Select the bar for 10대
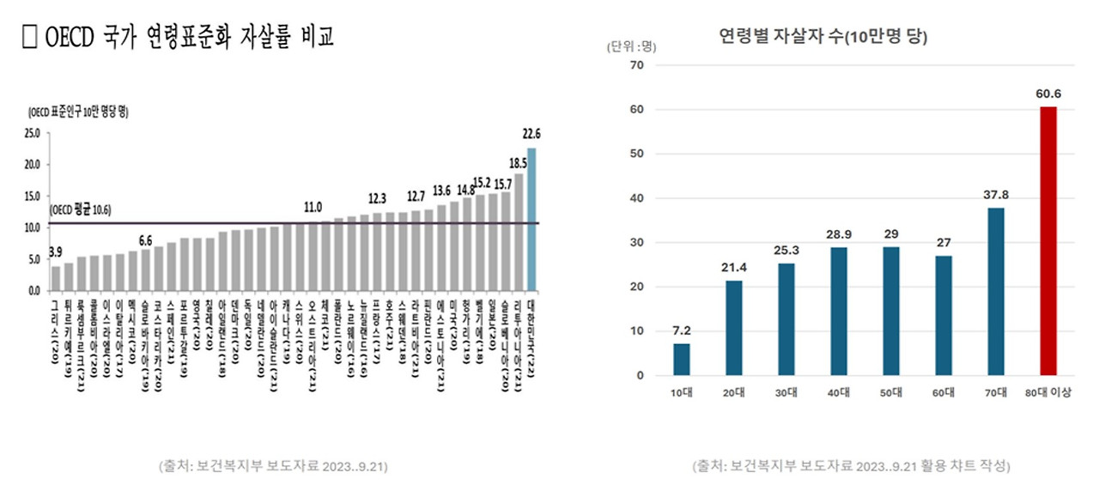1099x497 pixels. [681, 360]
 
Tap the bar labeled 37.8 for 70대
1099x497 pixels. [995, 292]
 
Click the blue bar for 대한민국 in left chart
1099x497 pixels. [531, 219]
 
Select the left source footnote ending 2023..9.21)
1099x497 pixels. [273, 466]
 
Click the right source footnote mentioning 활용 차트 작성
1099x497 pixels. [851, 466]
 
